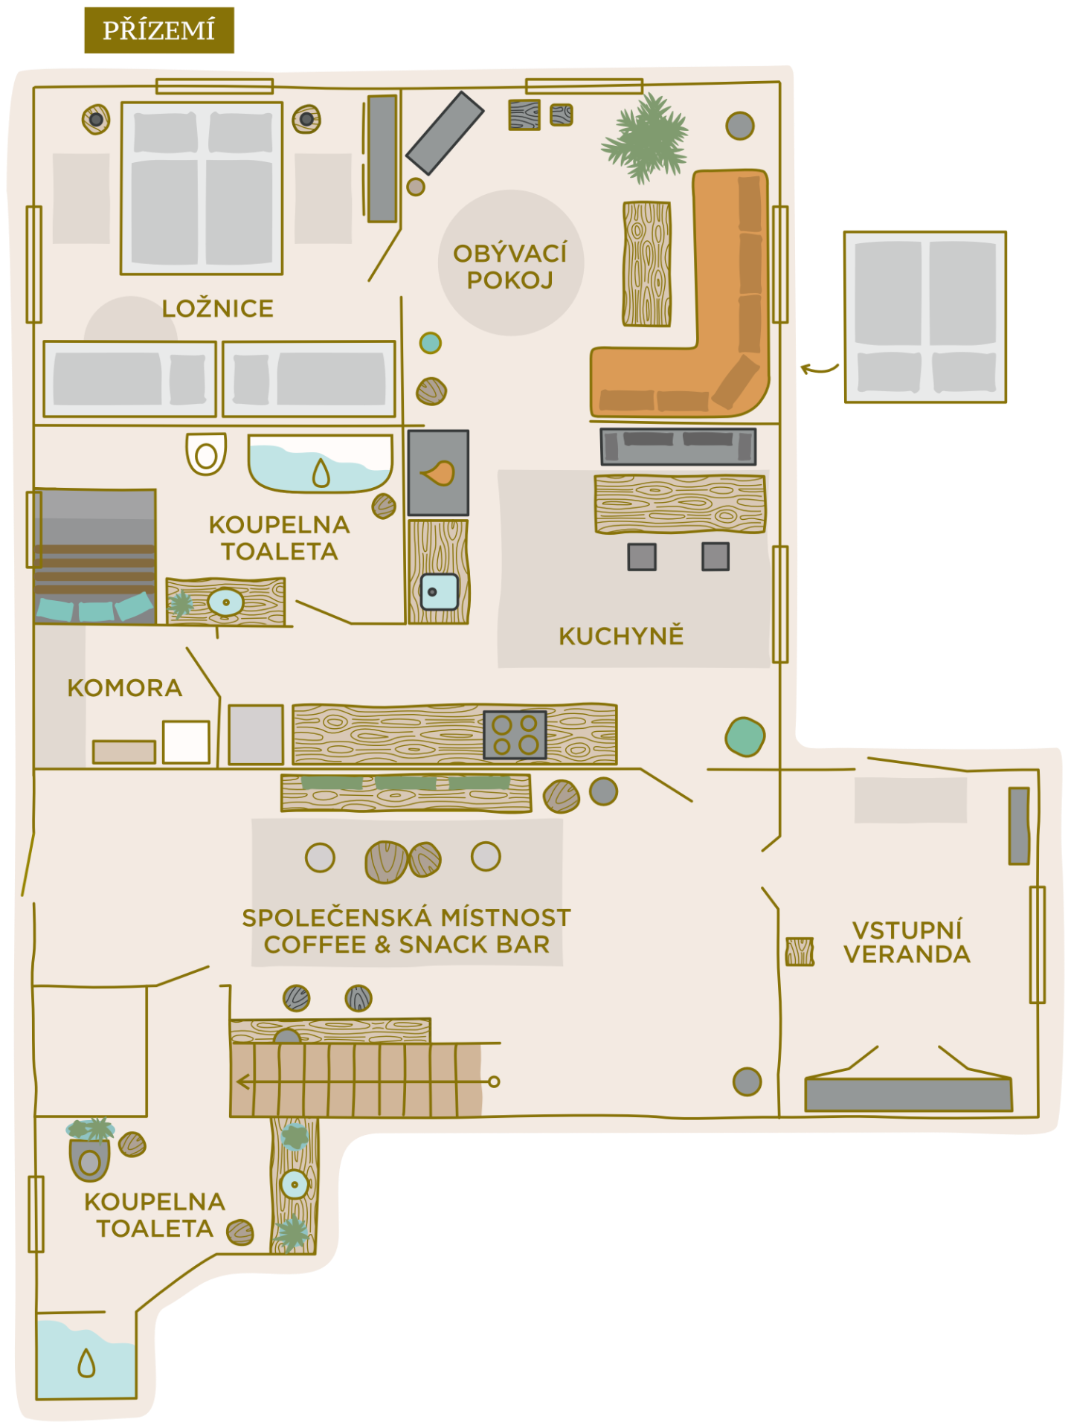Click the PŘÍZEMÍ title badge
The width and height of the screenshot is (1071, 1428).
coord(159,30)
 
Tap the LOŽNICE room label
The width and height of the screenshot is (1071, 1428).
coord(218,308)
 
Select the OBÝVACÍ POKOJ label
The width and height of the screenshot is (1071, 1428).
coord(510,266)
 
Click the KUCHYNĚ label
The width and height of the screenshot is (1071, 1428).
coord(621,635)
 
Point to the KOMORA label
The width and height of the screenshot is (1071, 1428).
coord(125,688)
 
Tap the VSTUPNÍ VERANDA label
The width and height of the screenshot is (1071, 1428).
coord(907,942)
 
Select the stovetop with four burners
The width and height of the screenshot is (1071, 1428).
coord(515,735)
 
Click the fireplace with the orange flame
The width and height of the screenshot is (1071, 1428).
coord(438,473)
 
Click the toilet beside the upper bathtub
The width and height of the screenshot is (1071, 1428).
coord(206,454)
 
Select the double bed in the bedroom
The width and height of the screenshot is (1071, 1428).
coord(202,188)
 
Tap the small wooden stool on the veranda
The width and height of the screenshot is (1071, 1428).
coord(800,951)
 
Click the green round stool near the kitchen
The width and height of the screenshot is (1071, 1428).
coord(744,737)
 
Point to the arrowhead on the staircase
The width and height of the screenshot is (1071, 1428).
coord(242,1081)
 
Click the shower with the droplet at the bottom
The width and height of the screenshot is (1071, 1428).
coord(86,1359)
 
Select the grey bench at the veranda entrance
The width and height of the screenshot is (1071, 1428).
coord(909,1094)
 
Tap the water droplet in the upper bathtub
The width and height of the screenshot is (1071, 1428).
coord(321,472)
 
